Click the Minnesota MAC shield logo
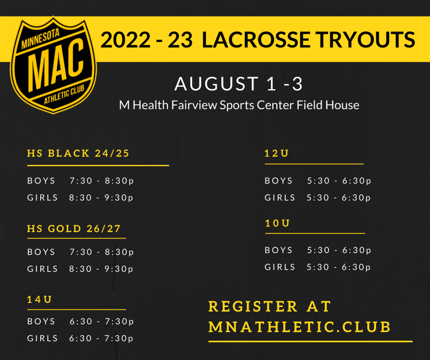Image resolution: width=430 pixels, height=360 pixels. [53, 65]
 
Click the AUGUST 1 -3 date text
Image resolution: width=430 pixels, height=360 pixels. [239, 83]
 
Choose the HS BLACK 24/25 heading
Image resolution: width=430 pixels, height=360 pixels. [78, 153]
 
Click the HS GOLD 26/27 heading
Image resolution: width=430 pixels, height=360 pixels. [74, 229]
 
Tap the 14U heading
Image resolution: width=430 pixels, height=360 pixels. [39, 299]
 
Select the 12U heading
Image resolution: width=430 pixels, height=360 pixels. [276, 153]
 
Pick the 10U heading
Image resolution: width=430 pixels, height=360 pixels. [277, 223]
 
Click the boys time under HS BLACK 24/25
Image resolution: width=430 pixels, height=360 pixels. [102, 181]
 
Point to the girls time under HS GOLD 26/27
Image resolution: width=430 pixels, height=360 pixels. [101, 269]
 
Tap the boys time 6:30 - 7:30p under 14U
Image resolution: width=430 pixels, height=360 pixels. [102, 321]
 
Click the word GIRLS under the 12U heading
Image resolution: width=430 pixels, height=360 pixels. [280, 198]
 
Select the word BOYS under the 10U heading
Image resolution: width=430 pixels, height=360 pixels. [279, 250]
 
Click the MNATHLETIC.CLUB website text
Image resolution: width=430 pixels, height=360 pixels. [299, 327]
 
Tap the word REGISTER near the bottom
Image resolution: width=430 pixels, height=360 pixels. [253, 306]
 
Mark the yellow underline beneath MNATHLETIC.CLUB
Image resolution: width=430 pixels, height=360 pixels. [310, 342]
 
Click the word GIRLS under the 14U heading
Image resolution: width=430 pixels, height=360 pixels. [42, 338]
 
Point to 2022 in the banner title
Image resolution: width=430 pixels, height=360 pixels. [125, 40]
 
